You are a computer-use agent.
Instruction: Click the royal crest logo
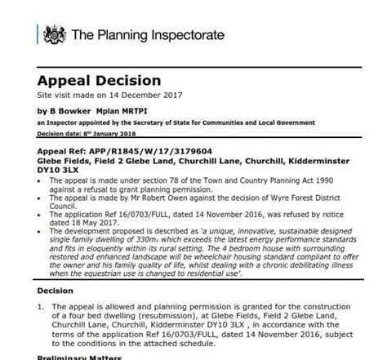[54, 34]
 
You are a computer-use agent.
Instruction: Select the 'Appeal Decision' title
[98, 81]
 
